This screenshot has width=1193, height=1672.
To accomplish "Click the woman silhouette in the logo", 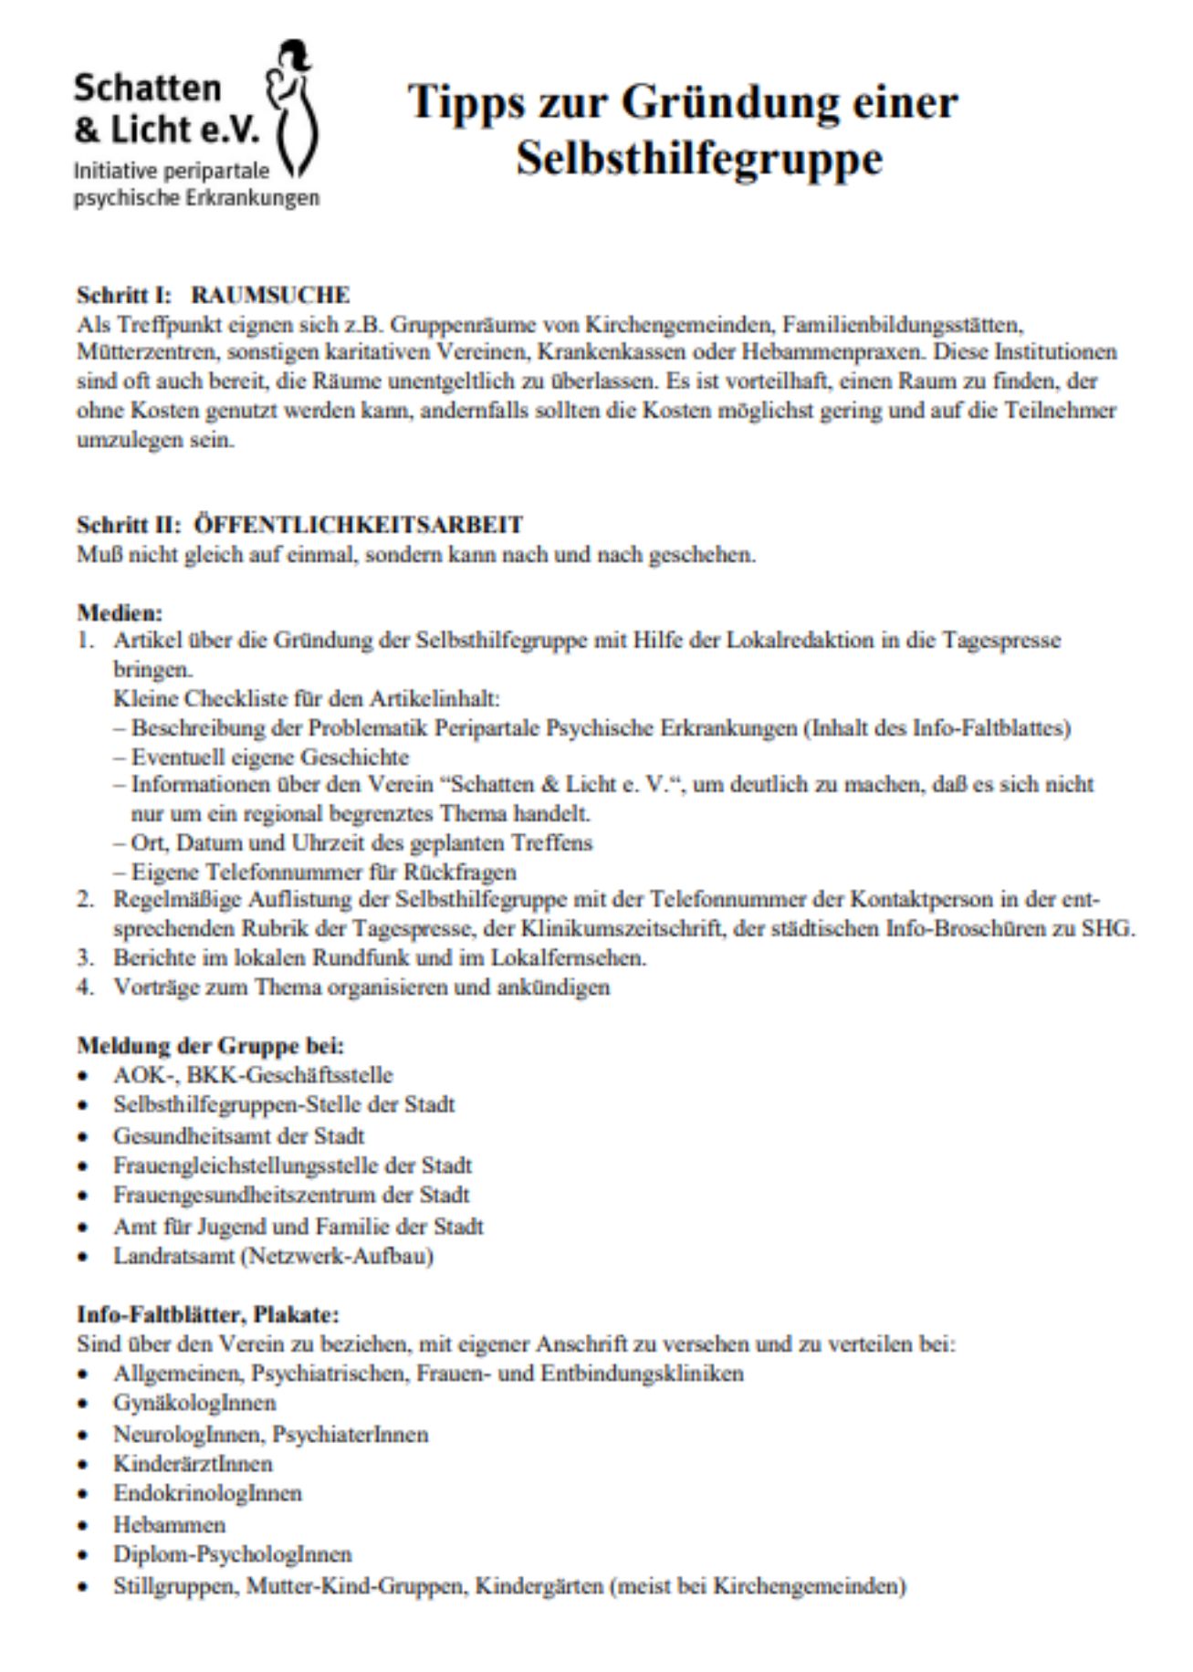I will [291, 110].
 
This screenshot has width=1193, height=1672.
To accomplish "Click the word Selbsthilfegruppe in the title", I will [699, 158].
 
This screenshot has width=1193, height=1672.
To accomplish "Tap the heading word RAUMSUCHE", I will [270, 296].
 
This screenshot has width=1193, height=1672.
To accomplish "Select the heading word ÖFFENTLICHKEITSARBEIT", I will [359, 525].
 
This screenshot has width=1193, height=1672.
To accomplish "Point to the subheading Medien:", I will [120, 612].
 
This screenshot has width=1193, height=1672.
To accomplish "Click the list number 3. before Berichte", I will [85, 958].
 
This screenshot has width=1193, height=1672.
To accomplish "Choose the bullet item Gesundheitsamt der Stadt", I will [238, 1136].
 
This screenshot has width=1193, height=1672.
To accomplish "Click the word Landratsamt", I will [173, 1256].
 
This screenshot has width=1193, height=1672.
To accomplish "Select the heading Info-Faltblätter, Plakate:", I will [207, 1314].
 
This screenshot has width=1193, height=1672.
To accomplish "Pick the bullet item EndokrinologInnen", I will [207, 1493].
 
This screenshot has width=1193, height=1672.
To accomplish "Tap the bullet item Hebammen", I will [169, 1524].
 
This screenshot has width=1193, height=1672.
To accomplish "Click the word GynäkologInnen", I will [194, 1403].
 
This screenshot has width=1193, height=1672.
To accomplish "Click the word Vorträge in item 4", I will [152, 988].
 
